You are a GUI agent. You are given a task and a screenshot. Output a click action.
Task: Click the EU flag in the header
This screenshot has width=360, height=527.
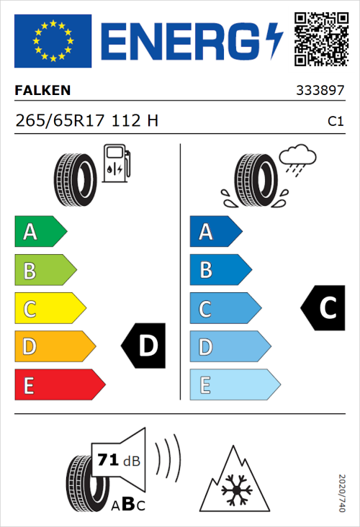[53, 41]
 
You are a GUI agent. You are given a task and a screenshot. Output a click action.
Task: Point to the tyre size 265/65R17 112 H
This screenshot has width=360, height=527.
[86, 121]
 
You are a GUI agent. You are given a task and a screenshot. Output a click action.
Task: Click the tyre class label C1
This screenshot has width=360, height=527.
[335, 122]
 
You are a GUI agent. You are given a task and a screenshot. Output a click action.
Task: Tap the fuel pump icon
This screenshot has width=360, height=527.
[116, 163]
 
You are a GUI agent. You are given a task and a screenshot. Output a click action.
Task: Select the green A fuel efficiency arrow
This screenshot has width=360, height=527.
[40, 232]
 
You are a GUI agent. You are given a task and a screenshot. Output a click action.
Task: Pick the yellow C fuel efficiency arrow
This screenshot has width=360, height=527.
[49, 309]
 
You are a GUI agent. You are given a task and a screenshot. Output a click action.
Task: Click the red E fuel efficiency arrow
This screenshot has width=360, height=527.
[59, 385]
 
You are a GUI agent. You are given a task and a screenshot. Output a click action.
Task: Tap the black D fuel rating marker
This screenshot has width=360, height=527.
[144, 346]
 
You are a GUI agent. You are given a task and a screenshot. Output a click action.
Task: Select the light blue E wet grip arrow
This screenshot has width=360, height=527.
[234, 385]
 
